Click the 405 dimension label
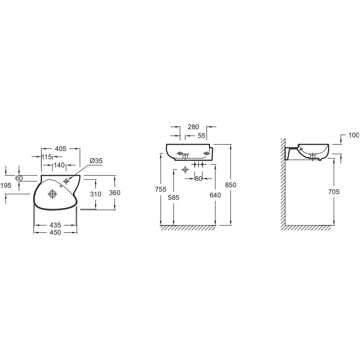[60, 149]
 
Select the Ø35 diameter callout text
[96, 161]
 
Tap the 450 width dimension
[55, 233]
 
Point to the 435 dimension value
[55, 225]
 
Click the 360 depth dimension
[115, 193]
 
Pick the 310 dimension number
[95, 194]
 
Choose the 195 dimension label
[6, 185]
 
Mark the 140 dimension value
[59, 165]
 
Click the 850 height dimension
[230, 185]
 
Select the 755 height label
[161, 189]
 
